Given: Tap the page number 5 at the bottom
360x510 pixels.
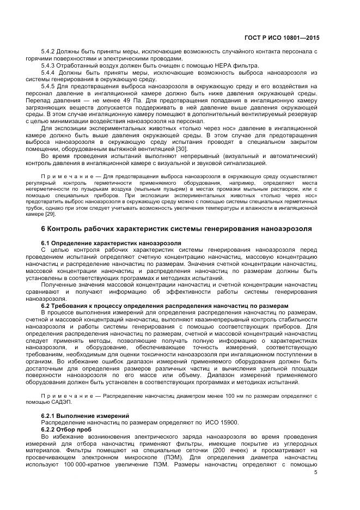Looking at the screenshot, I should click(316, 472).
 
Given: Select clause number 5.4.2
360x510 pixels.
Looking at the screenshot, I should click(50, 51).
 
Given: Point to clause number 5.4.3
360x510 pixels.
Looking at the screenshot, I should click(50, 65).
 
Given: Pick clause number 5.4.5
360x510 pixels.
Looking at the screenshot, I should click(50, 86).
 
